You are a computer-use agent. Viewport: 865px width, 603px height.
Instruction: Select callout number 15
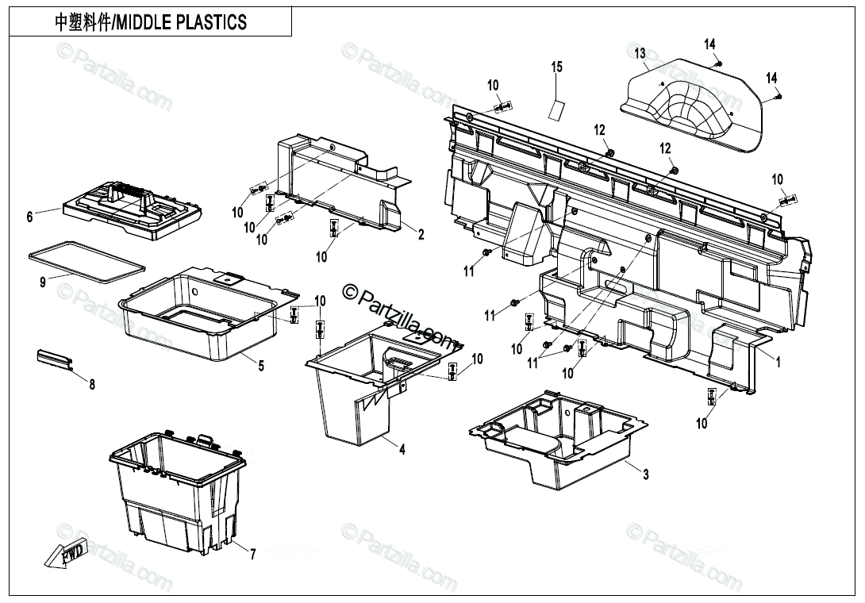pos(557,67)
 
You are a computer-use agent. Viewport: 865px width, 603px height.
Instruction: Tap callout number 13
pos(640,54)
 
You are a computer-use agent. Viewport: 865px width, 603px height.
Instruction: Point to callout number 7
pos(252,555)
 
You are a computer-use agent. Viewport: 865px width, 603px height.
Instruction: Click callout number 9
pos(43,281)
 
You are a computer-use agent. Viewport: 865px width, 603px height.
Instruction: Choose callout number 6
pos(30,216)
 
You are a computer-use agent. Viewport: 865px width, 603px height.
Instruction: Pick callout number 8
pos(92,386)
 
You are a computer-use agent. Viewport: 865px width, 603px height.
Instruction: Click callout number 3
pos(645,474)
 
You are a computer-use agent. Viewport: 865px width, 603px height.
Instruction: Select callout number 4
pos(402,450)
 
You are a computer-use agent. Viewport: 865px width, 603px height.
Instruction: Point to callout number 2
pos(421,234)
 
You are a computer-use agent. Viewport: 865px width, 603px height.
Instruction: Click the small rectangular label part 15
pos(558,109)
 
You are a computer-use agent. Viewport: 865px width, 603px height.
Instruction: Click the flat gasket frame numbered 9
pos(86,263)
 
